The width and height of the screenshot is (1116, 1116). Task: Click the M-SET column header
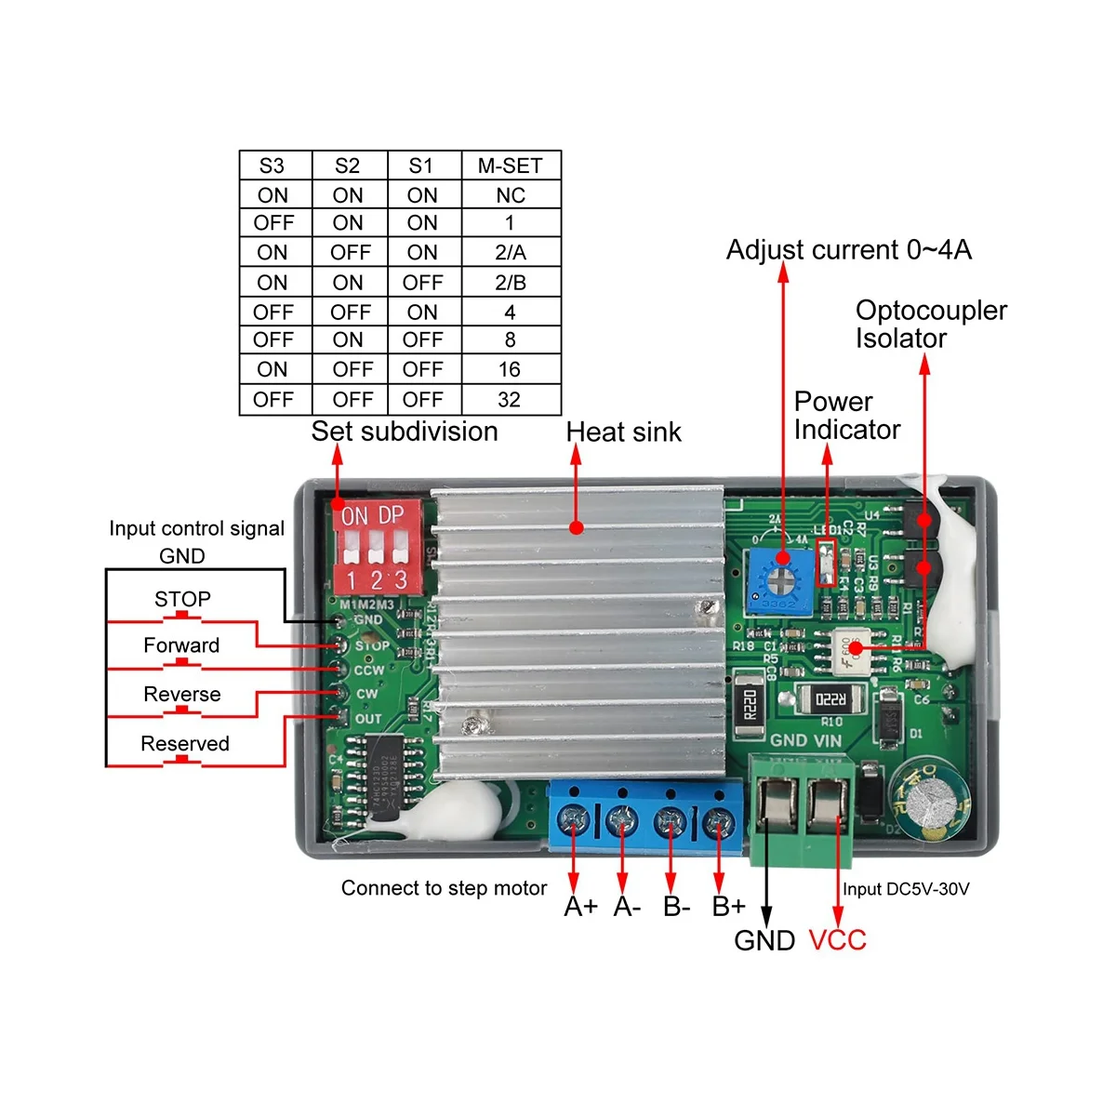510,166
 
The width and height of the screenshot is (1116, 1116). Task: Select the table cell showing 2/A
510,252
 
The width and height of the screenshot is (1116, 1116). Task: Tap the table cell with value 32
510,400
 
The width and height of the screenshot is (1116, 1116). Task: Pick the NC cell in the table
510,195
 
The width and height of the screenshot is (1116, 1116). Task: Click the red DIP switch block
377,548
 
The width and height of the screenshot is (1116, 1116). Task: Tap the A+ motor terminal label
580,907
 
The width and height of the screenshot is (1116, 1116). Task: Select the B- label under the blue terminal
676,907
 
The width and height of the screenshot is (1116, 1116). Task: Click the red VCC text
837,940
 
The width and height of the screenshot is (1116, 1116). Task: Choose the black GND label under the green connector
764,940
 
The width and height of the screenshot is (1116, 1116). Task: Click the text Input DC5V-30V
906,889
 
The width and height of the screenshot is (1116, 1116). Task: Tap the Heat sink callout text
623,432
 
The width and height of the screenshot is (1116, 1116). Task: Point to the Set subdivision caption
405,432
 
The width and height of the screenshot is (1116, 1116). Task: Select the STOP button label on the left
182,599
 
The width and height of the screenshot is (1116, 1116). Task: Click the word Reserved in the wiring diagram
184,744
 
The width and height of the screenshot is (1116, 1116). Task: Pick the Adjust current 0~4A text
848,250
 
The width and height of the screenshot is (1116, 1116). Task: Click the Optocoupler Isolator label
930,324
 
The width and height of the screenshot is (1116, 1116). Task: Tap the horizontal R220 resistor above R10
830,698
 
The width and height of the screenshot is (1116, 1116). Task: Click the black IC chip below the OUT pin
384,766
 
